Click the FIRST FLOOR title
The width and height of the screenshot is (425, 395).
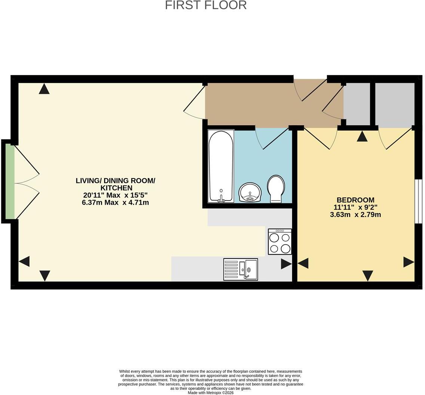point(206,5)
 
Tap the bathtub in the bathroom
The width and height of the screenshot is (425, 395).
point(221,166)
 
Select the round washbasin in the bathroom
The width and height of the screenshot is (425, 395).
point(250,192)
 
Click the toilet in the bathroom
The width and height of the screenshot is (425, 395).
point(276,189)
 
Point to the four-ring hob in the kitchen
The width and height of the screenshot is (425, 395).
point(280,242)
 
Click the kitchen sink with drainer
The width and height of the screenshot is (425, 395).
point(241,269)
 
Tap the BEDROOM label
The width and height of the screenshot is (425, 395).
point(355,200)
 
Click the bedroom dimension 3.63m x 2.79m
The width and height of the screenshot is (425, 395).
point(355,215)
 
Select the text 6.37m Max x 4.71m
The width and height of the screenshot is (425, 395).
point(115,202)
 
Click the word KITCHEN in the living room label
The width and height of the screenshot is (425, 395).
point(116,188)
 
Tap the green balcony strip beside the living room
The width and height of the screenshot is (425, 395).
point(10,181)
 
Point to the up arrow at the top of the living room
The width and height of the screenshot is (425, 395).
point(44,89)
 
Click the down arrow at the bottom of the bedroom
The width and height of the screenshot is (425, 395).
point(368,276)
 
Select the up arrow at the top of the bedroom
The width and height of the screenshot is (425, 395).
point(362,136)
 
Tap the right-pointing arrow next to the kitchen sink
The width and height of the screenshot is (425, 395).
point(286,264)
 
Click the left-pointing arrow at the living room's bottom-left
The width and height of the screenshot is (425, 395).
point(24,261)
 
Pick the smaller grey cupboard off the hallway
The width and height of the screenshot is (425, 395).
point(357,104)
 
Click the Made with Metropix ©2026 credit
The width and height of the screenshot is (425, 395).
point(211,392)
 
